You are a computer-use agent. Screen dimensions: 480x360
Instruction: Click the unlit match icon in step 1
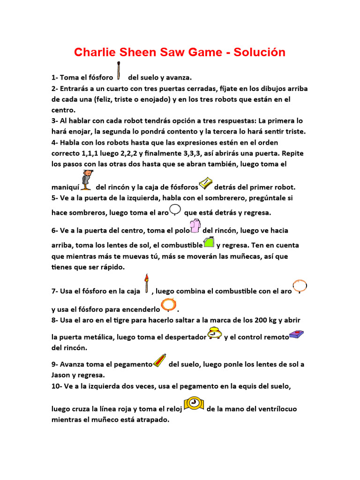pyautogui.click(x=120, y=70)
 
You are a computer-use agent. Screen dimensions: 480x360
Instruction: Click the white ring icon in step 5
pyautogui.click(x=175, y=210)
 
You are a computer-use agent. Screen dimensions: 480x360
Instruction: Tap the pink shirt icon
pyautogui.click(x=195, y=227)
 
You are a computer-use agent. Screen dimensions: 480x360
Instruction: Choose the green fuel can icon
pyautogui.click(x=209, y=242)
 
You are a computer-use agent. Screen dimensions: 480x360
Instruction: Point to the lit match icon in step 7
pyautogui.click(x=147, y=283)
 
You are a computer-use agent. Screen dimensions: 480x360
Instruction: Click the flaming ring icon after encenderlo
pyautogui.click(x=168, y=305)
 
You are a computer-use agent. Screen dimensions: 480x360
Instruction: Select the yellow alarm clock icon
pyautogui.click(x=215, y=333)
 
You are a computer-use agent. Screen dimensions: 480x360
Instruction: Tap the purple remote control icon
pyautogui.click(x=297, y=334)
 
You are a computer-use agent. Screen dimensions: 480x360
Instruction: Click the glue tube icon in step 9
pyautogui.click(x=160, y=360)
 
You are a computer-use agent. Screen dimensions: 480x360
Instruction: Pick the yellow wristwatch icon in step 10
pyautogui.click(x=194, y=405)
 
